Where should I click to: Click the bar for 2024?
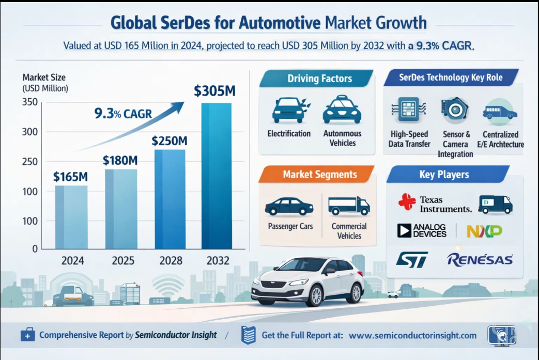coord(71,217)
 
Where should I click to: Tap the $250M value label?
coord(170,140)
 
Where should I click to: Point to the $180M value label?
coord(120,160)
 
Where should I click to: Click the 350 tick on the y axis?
coord(30,102)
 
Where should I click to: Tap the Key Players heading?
coord(444,175)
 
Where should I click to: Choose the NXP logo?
coord(484,231)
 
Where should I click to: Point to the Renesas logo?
coord(480,259)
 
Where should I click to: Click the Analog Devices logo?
coord(422,231)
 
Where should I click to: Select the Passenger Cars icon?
coord(289,206)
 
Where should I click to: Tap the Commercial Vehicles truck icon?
coord(349,205)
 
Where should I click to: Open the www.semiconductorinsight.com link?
coord(412,335)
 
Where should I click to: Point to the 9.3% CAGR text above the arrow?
coord(122,113)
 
